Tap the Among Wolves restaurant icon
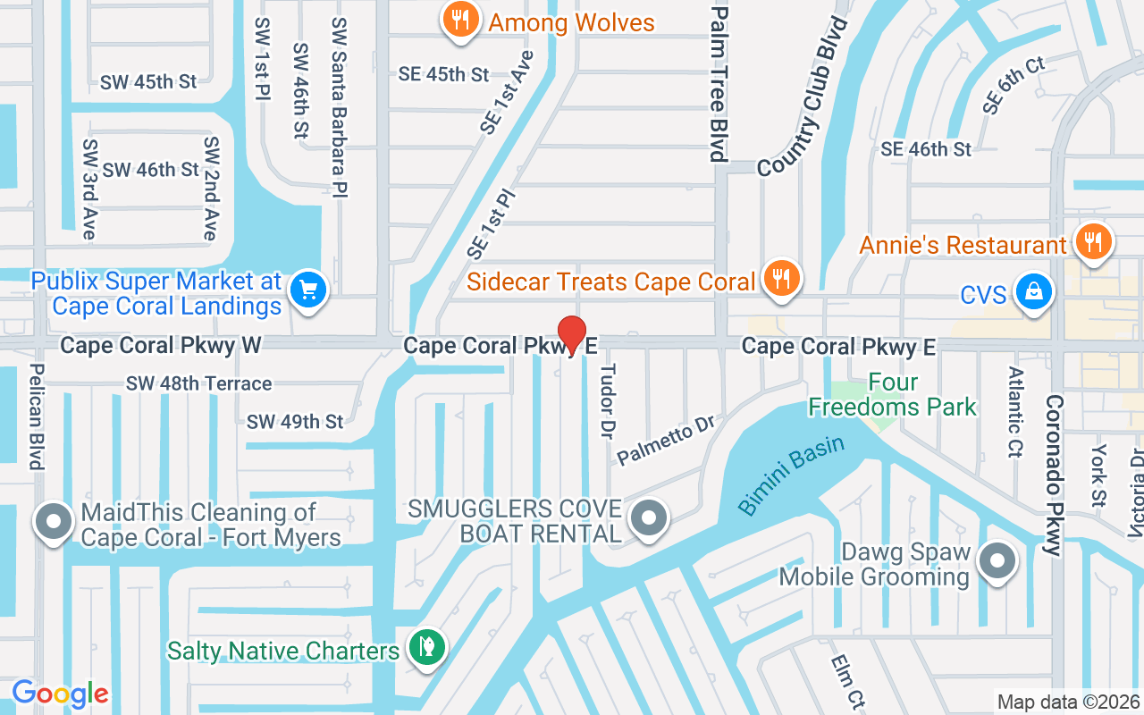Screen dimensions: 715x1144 coord(461,21)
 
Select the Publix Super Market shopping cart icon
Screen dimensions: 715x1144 coord(309,290)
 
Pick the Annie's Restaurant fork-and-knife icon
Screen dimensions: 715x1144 coord(1091,241)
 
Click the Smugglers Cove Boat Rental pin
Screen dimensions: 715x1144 coord(649,519)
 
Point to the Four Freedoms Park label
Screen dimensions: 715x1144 coord(892,395)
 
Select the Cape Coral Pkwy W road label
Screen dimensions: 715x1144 coord(161,346)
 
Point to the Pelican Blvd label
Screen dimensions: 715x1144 coord(37,416)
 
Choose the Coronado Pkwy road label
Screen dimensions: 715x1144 coord(1054,475)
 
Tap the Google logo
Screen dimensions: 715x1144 coord(60,694)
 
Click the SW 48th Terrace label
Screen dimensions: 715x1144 coord(198,383)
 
